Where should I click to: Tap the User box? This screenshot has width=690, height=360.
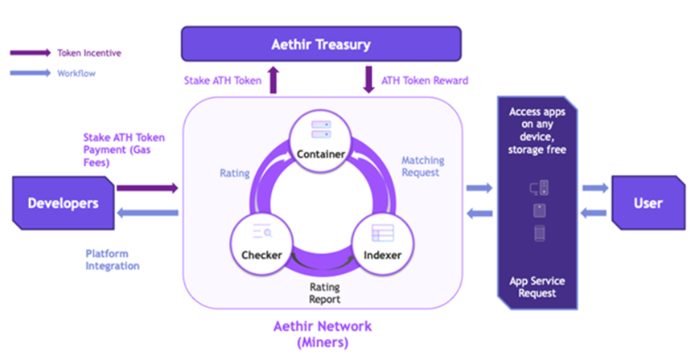coord(644,201)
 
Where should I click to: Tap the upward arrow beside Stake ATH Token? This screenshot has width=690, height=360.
coord(272,80)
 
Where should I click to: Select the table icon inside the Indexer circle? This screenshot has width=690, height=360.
coord(385,232)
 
